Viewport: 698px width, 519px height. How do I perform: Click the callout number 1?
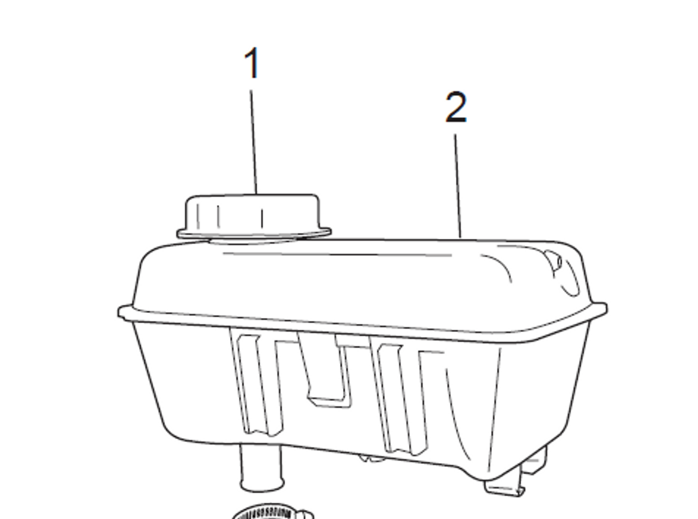pyautogui.click(x=252, y=63)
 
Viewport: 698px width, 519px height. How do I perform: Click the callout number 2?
pyautogui.click(x=456, y=107)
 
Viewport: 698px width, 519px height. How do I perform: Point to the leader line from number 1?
pyautogui.click(x=254, y=142)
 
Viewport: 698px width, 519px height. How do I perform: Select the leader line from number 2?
pyautogui.click(x=458, y=186)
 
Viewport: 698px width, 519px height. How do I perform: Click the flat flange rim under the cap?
pyautogui.click(x=254, y=233)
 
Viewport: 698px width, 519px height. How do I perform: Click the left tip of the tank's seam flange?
pyautogui.click(x=119, y=312)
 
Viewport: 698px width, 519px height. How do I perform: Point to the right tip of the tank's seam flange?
pyautogui.click(x=605, y=309)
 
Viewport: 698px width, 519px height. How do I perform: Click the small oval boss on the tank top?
pyautogui.click(x=554, y=260)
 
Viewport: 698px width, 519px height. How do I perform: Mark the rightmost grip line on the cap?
pyautogui.click(x=262, y=219)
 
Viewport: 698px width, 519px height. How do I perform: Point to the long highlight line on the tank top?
pyautogui.click(x=336, y=254)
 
